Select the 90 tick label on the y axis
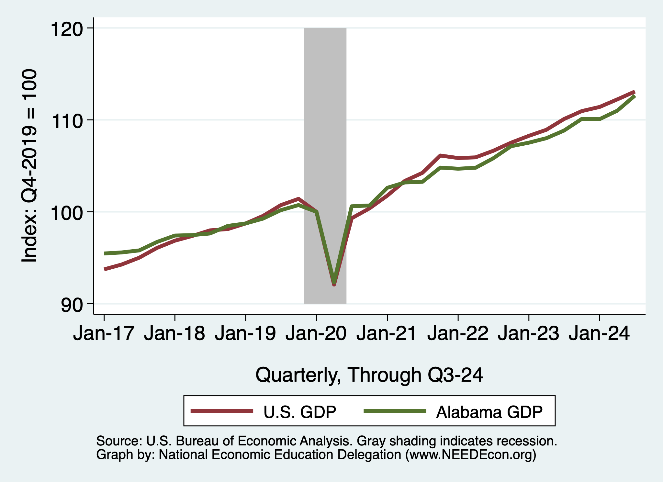[72, 305]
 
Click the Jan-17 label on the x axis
[104, 333]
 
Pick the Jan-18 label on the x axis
[174, 333]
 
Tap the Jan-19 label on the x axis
[245, 333]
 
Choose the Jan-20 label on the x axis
[316, 333]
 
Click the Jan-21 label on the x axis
[387, 333]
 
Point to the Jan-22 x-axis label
[458, 333]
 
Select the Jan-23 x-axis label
[528, 333]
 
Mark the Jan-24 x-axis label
[599, 333]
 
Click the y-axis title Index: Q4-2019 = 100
[29, 166]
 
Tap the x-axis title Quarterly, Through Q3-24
[369, 375]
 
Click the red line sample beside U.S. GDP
[222, 411]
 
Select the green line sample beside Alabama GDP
[395, 411]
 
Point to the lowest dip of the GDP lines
[334, 284]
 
